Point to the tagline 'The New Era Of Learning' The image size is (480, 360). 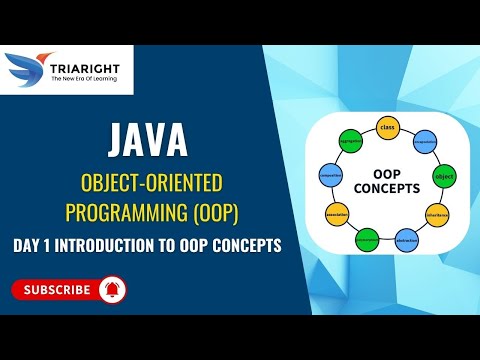coord(84,79)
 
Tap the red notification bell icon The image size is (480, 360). coord(110,290)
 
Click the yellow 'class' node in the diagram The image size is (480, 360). coord(385,127)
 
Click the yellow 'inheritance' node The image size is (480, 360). coord(437,213)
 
